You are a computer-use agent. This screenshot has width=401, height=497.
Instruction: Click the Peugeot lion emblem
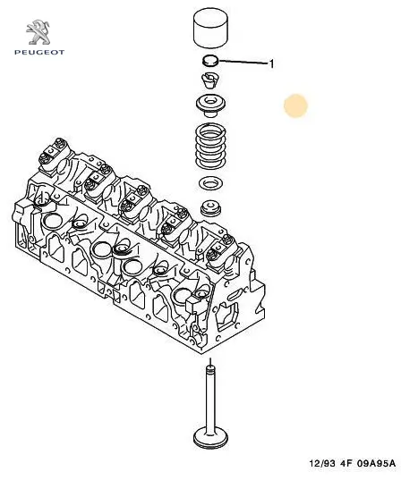coord(38,32)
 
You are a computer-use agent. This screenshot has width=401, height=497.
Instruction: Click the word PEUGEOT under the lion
coord(39,53)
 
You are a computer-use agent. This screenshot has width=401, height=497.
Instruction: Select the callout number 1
coord(271,64)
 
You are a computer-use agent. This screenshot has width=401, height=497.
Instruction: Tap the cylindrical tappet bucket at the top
coord(211,29)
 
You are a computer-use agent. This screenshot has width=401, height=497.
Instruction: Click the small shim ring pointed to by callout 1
coord(210,61)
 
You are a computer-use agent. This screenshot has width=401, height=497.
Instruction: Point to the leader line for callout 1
coord(243,62)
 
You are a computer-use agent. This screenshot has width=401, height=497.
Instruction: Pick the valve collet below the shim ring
coord(209,81)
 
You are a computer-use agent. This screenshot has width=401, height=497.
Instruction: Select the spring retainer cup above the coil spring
coord(211,105)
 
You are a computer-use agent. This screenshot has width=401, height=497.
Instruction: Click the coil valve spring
coord(211,146)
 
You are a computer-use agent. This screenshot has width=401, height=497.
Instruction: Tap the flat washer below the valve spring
coord(210,183)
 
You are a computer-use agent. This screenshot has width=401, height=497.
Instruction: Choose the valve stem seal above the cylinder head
coord(210,208)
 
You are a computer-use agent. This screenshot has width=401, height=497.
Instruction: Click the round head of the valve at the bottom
coord(210,438)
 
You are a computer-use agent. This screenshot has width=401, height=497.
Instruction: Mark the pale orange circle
coord(295,105)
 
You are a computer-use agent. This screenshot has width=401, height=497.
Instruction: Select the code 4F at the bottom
coord(346,463)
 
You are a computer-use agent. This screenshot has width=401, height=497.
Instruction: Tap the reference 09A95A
coord(376,463)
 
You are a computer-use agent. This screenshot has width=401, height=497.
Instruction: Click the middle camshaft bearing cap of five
coord(133,202)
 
